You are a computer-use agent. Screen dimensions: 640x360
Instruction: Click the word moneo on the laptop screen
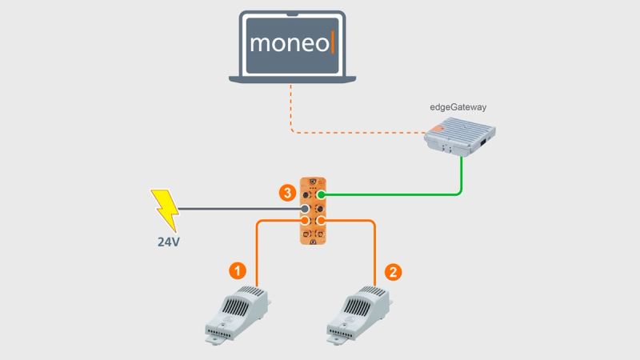click(290, 43)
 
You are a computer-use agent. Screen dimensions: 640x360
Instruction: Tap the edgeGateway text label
click(458, 107)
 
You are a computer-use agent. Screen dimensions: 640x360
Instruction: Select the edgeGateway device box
click(459, 137)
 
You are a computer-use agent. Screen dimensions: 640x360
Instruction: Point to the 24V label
click(169, 242)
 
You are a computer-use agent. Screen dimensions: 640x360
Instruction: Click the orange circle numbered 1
click(237, 271)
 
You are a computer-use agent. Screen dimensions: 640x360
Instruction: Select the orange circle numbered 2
click(393, 272)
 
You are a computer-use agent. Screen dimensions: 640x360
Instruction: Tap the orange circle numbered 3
click(287, 193)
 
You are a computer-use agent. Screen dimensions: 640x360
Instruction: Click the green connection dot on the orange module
click(322, 194)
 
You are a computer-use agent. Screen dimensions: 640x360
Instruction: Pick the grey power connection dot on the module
click(305, 209)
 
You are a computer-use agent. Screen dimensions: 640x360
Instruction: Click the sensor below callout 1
click(238, 314)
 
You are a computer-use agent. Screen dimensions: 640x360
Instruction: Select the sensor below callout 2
click(359, 314)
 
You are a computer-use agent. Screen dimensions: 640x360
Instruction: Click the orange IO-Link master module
click(313, 211)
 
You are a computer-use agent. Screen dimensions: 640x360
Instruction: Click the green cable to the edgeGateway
click(408, 194)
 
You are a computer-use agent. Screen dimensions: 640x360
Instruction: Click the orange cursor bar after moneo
click(333, 42)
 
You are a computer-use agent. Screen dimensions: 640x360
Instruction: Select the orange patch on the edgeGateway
click(435, 130)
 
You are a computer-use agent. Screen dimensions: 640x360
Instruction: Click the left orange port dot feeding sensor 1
click(305, 221)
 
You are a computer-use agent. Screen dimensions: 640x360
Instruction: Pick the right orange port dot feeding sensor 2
click(322, 221)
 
